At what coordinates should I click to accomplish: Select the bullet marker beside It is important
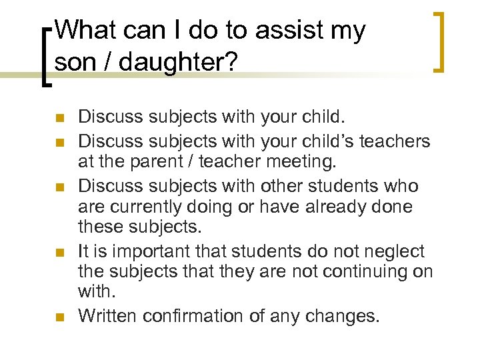tap(59, 252)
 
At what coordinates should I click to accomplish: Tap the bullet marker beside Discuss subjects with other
tap(59, 186)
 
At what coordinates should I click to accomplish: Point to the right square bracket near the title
tap(440, 41)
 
